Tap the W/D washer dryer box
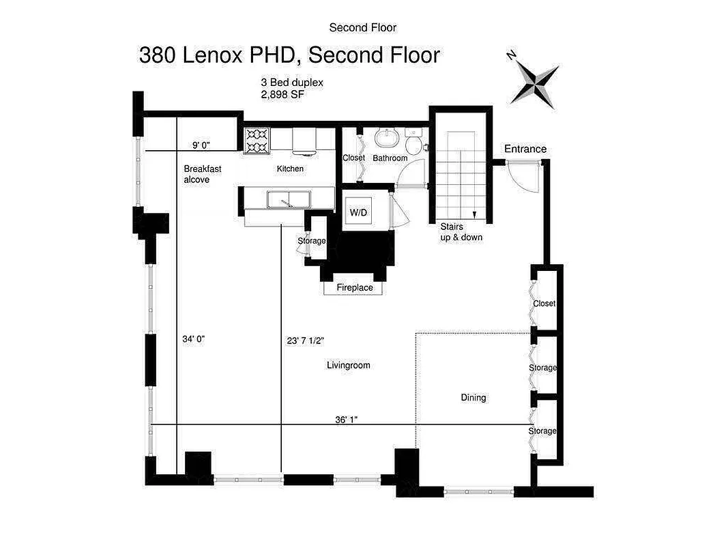359,213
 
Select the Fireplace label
355,288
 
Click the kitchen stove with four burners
257,139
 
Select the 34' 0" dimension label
194,339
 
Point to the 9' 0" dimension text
201,145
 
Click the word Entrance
525,149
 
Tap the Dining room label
474,397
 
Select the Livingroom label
349,365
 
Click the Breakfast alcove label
202,174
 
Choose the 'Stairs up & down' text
461,232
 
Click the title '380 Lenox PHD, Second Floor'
289,55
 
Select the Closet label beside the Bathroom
353,158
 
